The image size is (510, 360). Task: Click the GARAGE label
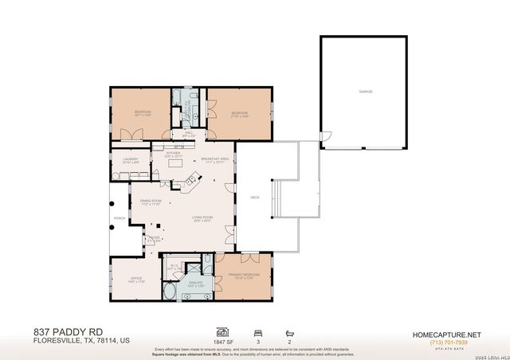[x=366, y=92]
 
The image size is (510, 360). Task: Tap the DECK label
[x=255, y=197]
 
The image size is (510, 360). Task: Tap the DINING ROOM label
[x=151, y=202]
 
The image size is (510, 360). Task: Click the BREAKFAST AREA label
[x=215, y=159]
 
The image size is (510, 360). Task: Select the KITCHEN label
[x=173, y=155]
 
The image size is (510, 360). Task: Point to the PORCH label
[x=119, y=217]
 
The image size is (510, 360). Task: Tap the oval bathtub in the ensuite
[x=171, y=292]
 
